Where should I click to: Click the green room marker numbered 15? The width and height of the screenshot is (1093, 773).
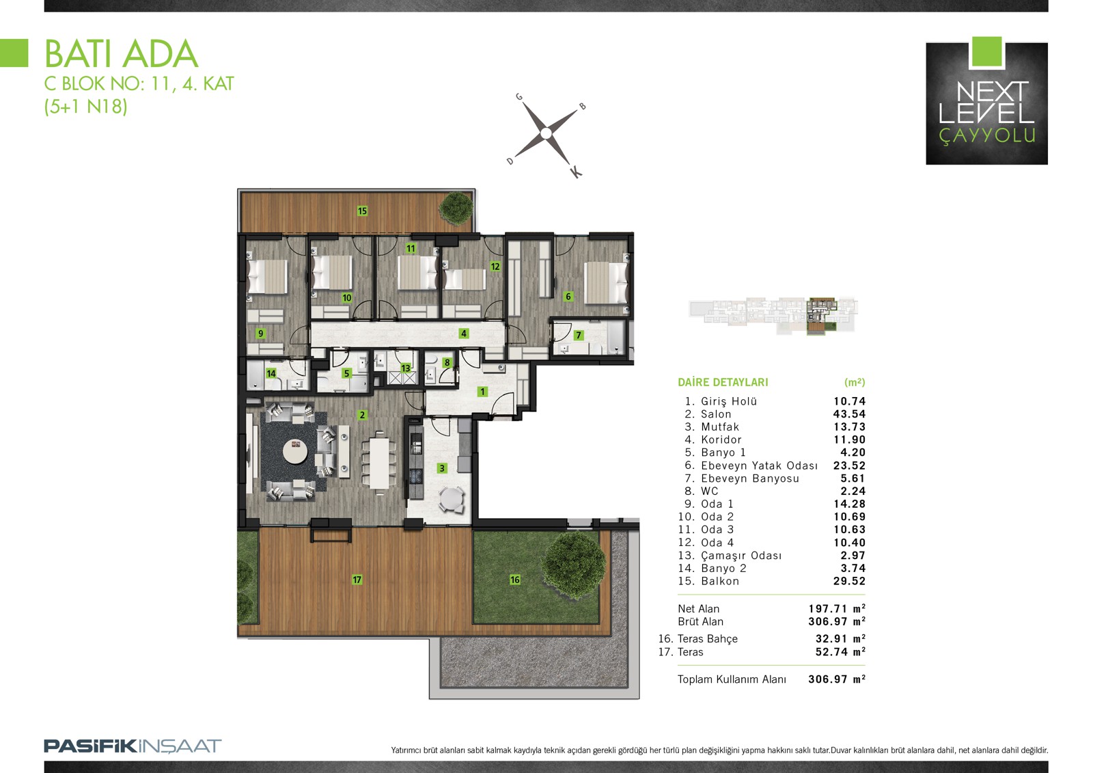pos(362,211)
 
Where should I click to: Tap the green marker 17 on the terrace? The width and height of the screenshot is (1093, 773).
pos(357,580)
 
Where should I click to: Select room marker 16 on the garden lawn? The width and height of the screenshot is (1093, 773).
pos(515,580)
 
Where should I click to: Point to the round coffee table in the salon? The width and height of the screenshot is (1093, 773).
pos(295,452)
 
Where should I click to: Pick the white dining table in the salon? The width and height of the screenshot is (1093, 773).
pos(379,463)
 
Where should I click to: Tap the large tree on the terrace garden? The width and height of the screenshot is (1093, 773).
pos(573,565)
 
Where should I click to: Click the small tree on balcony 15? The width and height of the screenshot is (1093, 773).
pos(456,208)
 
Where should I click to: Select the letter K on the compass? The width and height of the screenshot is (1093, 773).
pos(576,172)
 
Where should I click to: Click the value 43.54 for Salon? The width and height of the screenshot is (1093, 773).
pos(850,414)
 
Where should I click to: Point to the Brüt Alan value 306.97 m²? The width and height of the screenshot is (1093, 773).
pos(837,622)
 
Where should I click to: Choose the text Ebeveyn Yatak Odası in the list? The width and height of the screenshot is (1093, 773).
pos(759,465)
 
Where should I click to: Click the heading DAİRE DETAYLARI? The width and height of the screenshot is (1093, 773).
pos(723,382)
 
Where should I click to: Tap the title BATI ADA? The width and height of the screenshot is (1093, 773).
pos(122,54)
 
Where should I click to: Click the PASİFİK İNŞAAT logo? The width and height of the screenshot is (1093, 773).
pos(133,746)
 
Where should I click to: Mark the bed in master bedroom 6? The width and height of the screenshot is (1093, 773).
pos(605,283)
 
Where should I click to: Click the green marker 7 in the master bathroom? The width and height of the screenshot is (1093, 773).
pos(579,336)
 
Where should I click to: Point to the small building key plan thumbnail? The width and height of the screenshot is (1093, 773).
pos(773,316)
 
